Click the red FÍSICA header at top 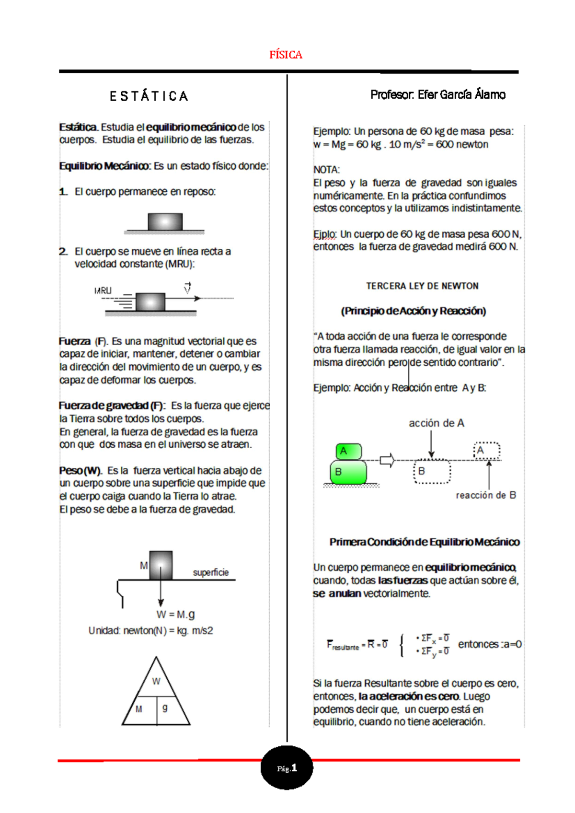(x=286, y=55)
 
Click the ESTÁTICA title (x=149, y=96)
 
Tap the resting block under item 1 (x=165, y=222)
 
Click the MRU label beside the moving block (x=103, y=290)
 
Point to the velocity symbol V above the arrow (x=187, y=288)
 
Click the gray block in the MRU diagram (x=150, y=302)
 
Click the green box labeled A (x=348, y=451)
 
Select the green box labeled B (x=348, y=472)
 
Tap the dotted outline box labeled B (x=432, y=472)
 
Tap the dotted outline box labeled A (x=487, y=451)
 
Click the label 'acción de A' (x=436, y=423)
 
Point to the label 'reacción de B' (x=485, y=495)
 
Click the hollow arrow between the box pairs (x=387, y=460)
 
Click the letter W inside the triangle (x=156, y=681)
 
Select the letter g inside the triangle (x=165, y=708)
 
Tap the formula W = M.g (x=175, y=615)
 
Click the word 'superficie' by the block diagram (x=210, y=572)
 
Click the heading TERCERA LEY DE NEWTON (x=422, y=286)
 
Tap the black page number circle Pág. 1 (x=287, y=767)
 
